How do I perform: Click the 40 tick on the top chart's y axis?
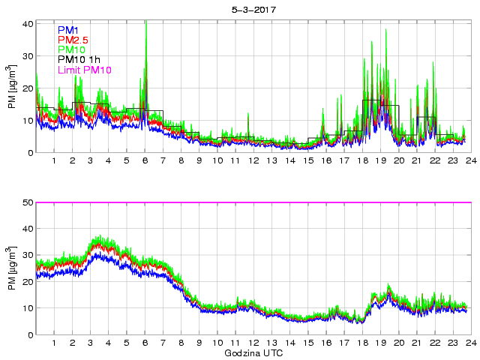coord(28,24)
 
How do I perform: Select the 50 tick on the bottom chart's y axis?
coord(28,202)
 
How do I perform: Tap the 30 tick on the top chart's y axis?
coord(28,56)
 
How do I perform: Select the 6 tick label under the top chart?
coord(145,161)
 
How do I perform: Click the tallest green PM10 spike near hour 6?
coord(145,23)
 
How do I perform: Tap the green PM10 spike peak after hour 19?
coord(385,29)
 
